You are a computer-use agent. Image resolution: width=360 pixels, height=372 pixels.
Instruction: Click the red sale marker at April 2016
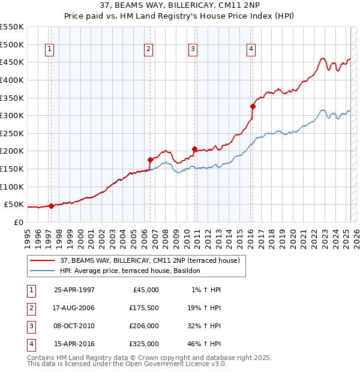click(x=253, y=107)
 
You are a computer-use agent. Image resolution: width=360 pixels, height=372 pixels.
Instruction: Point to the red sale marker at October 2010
click(x=194, y=149)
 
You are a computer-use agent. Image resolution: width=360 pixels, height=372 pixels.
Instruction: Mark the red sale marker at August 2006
click(x=150, y=160)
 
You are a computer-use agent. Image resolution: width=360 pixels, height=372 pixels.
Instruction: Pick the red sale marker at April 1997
click(x=51, y=206)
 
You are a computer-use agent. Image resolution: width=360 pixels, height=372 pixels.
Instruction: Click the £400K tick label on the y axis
click(x=12, y=80)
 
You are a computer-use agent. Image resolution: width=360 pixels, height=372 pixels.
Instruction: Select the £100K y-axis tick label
click(x=12, y=187)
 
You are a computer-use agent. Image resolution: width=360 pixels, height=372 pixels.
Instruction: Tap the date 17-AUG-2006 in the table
click(x=74, y=308)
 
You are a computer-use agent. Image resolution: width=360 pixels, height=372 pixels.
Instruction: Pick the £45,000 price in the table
click(x=145, y=290)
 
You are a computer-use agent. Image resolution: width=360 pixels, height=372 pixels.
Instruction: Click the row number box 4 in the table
click(x=30, y=344)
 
